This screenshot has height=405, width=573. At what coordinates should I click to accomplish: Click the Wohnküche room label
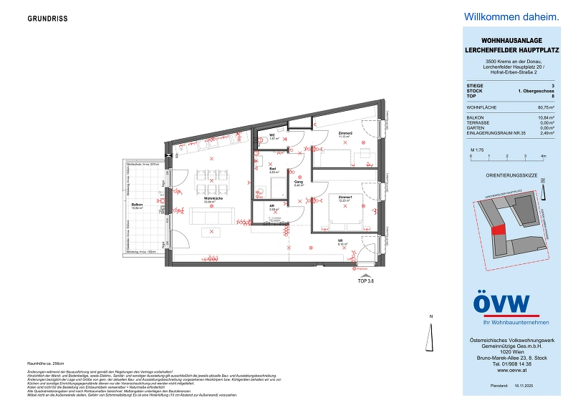point(212,200)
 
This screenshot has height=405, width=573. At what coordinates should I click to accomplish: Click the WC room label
point(272,136)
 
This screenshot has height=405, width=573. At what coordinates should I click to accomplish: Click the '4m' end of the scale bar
point(544,155)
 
